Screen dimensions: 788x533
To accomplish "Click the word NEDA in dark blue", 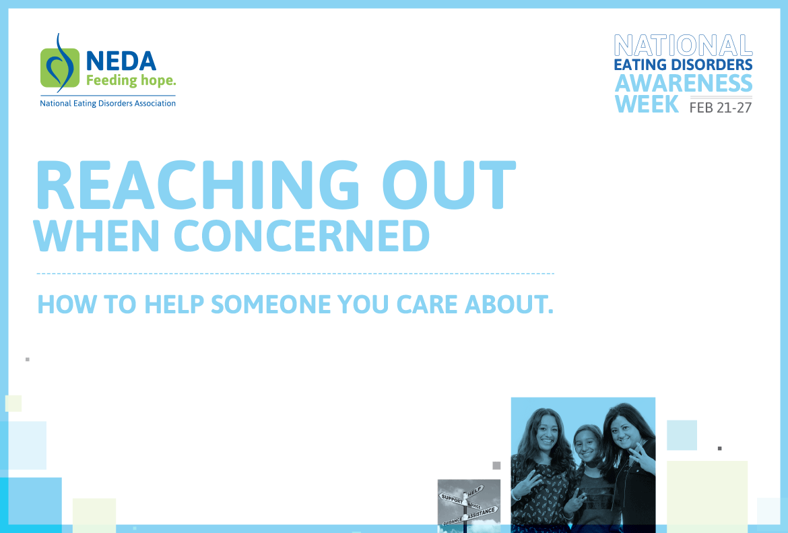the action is (x=121, y=61).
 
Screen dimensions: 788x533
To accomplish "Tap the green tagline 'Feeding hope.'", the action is (x=131, y=80).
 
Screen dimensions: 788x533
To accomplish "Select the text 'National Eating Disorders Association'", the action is (x=108, y=103).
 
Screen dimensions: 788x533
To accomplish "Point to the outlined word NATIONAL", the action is (x=683, y=46).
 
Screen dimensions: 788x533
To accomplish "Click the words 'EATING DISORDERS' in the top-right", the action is (x=683, y=65).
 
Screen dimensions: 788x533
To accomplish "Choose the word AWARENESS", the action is (x=684, y=83).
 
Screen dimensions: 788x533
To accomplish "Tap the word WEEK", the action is (x=647, y=104).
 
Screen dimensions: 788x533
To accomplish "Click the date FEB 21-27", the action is (x=721, y=108).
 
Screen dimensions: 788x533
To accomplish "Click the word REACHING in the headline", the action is (x=197, y=185).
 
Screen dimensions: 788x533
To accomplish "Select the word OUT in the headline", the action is (x=449, y=185).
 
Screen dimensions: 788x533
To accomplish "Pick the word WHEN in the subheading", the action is (x=96, y=236).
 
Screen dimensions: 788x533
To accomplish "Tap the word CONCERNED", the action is (x=302, y=236).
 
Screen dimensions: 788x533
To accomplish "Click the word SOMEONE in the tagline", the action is (x=271, y=304).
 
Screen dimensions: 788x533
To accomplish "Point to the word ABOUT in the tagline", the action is (x=508, y=304).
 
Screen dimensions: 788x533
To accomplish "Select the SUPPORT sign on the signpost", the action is (x=452, y=499).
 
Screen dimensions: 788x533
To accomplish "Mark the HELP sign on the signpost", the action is (x=475, y=491).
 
